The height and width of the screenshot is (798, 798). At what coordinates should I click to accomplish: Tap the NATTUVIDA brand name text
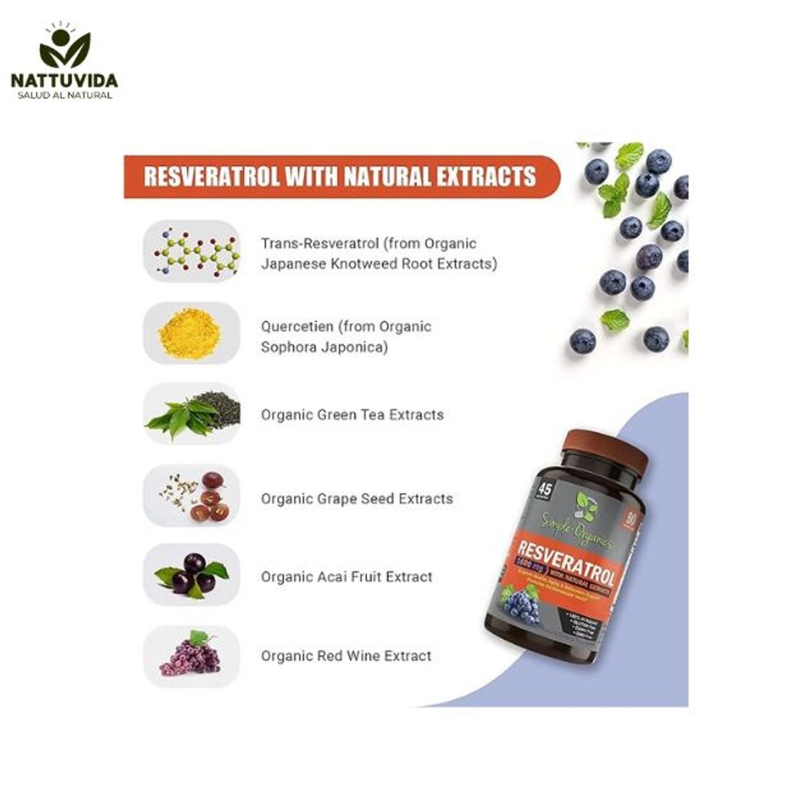[64, 81]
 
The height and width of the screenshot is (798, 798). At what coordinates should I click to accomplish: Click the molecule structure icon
[192, 251]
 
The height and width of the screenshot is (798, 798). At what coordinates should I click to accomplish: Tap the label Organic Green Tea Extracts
[352, 415]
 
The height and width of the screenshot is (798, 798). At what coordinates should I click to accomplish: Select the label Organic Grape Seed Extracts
[356, 499]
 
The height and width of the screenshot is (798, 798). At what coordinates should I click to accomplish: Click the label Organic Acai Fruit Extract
[346, 577]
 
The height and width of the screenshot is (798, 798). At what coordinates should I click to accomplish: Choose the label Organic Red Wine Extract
[346, 655]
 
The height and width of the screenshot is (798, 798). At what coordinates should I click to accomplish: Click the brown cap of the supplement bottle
[606, 448]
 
